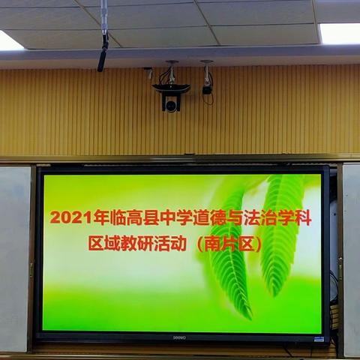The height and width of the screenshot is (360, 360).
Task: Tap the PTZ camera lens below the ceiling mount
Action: tap(171, 105)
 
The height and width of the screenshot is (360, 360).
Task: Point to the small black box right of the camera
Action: tap(207, 89)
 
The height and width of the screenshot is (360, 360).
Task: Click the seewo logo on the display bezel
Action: tap(179, 336)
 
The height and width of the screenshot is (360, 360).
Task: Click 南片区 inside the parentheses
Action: tap(232, 244)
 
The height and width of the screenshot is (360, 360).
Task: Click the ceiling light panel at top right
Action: tap(340, 33)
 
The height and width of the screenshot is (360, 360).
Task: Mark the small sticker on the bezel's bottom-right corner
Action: tap(319, 339)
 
